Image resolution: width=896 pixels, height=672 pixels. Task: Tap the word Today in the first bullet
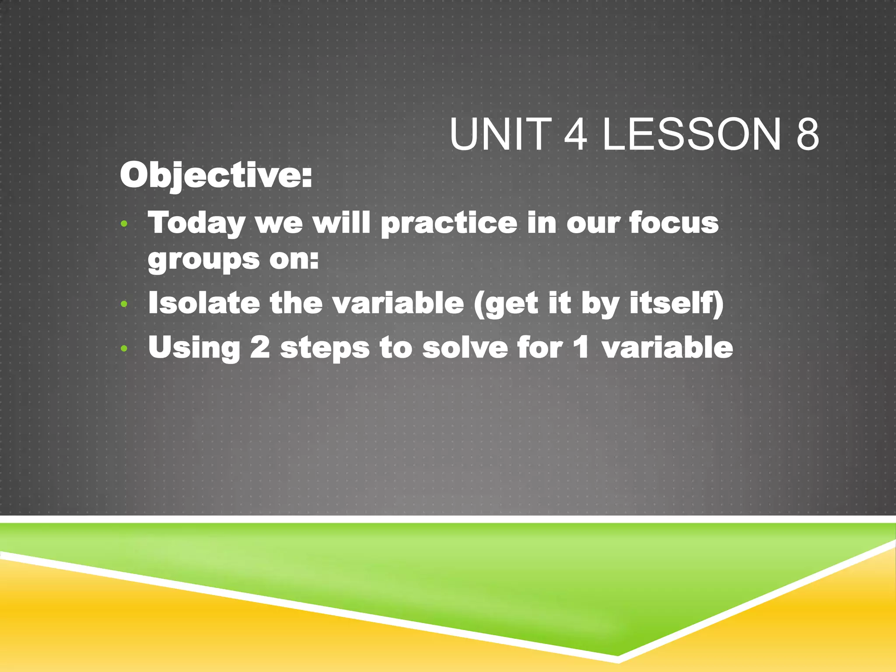196,224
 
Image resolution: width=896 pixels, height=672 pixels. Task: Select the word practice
449,224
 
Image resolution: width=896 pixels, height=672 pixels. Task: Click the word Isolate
204,303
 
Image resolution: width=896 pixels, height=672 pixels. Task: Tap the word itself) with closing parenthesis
676,303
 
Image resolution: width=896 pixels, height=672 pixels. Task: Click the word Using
194,348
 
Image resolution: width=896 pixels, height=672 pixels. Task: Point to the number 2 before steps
260,347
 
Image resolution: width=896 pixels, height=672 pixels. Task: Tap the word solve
465,347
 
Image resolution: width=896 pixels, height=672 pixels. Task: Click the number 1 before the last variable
581,347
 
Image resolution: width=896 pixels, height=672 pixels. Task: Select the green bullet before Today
124,224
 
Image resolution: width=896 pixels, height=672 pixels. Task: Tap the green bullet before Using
124,348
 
